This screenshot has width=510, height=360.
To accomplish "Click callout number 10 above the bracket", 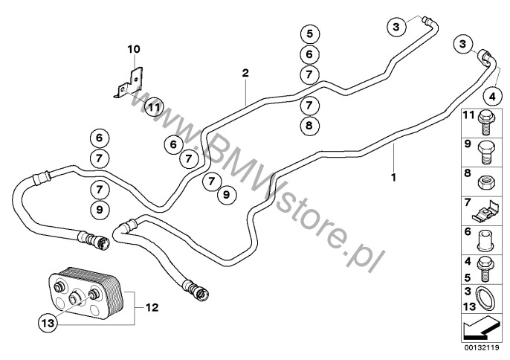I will (134, 49).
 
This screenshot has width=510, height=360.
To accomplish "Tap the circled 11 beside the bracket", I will (153, 106).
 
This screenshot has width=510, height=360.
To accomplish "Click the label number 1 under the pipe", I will (393, 178).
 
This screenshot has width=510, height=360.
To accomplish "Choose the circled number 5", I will (310, 33).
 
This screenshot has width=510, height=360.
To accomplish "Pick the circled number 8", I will (310, 125).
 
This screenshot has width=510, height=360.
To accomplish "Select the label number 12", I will (152, 307).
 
